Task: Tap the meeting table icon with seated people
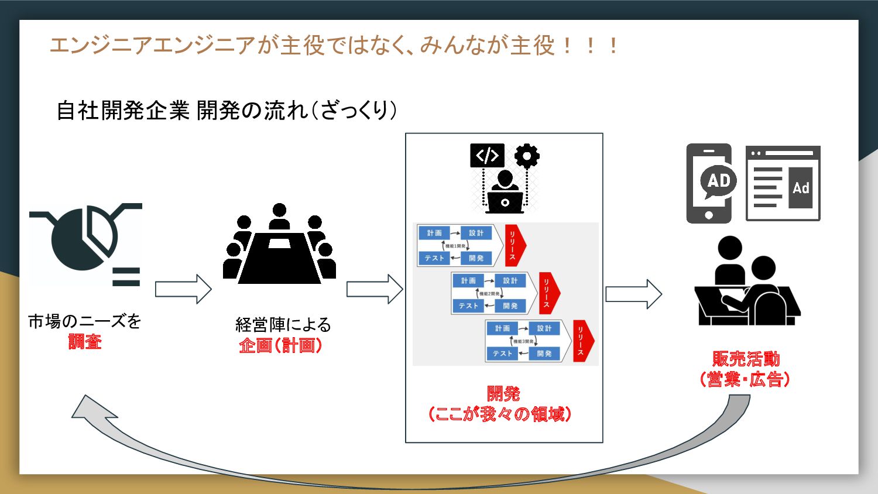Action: pos(280,246)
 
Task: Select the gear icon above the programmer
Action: pos(527,156)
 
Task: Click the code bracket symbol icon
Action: pos(487,156)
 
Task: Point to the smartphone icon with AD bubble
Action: pos(709,183)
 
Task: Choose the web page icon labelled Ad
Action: pos(783,183)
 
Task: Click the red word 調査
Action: pos(85,341)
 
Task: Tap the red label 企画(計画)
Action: pos(281,345)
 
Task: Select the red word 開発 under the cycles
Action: pos(503,394)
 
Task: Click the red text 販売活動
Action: pos(746,359)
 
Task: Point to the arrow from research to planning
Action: pos(183,289)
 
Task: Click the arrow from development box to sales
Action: pos(633,294)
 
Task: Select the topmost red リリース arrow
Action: pos(515,245)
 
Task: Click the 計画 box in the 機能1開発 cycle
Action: pos(434,233)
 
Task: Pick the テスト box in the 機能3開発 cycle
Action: pos(502,354)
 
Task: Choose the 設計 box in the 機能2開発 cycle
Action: pos(510,281)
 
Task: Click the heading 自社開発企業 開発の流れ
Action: pos(226,110)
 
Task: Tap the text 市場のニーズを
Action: pos(85,321)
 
